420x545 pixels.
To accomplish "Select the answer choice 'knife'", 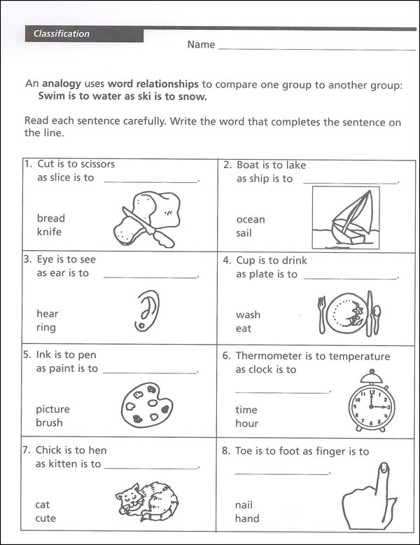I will pyautogui.click(x=49, y=232).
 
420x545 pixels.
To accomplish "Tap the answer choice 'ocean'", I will pyautogui.click(x=251, y=219).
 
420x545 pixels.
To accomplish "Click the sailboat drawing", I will pyautogui.click(x=345, y=218).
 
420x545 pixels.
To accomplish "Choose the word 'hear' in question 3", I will pyautogui.click(x=48, y=314).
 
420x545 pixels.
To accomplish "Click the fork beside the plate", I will pyautogui.click(x=323, y=315).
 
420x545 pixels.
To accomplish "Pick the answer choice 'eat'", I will pyautogui.click(x=244, y=329).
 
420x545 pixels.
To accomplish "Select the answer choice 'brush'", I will pyautogui.click(x=49, y=422).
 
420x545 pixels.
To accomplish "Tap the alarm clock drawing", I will pyautogui.click(x=371, y=401).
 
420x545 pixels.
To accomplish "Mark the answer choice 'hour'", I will pyautogui.click(x=247, y=423).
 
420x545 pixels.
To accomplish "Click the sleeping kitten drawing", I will pyautogui.click(x=147, y=500).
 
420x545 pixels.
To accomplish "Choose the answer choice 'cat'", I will pyautogui.click(x=43, y=504).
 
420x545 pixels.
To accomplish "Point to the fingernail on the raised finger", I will pyautogui.click(x=383, y=467).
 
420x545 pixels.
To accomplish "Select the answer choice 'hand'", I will pyautogui.click(x=248, y=518).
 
